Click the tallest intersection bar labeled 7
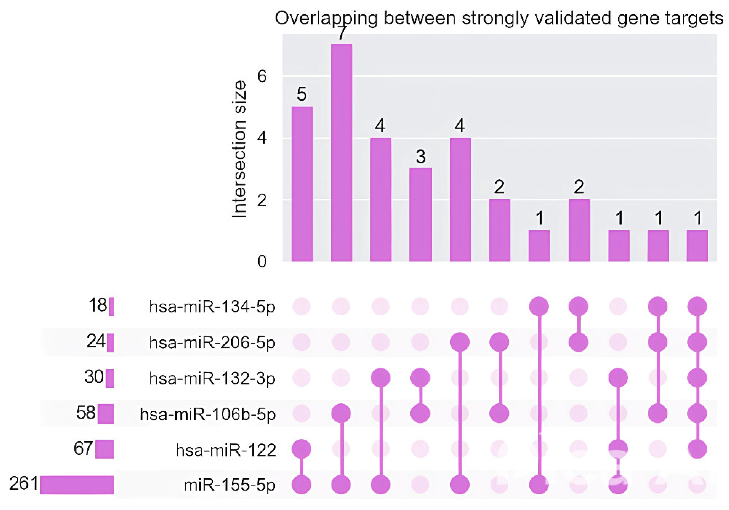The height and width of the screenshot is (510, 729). (341, 153)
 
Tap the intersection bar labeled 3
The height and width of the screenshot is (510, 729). (420, 214)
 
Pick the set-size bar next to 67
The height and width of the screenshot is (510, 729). (104, 449)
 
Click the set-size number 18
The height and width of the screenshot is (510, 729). (98, 305)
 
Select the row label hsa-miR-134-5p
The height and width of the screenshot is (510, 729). (212, 307)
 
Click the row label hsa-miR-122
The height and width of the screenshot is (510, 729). (226, 450)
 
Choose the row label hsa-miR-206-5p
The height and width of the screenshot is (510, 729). (212, 343)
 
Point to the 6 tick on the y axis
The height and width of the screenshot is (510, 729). (262, 76)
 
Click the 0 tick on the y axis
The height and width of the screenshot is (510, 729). (262, 261)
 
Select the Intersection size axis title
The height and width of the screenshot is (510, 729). (239, 149)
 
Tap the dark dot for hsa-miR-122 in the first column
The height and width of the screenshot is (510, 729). (302, 449)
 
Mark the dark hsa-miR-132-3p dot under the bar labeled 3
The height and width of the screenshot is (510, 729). (420, 378)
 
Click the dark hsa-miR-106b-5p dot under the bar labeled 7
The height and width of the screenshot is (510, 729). (341, 413)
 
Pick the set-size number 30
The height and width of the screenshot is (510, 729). (94, 377)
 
